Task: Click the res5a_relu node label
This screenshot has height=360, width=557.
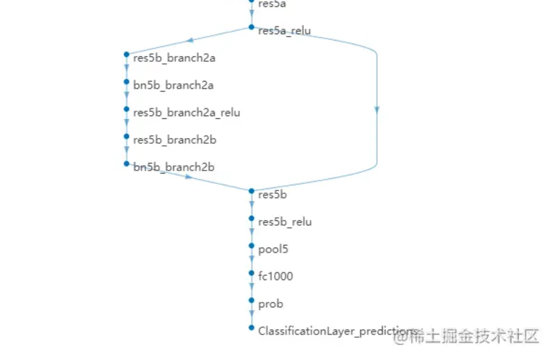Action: click(x=284, y=31)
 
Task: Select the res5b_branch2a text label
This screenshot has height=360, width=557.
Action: click(x=174, y=58)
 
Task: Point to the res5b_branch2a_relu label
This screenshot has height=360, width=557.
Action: click(x=187, y=113)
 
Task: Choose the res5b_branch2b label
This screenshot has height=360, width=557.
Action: click(x=174, y=140)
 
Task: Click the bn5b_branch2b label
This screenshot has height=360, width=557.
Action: click(x=174, y=167)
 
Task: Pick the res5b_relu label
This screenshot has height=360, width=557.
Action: click(x=285, y=222)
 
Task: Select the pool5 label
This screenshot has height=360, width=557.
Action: click(x=273, y=249)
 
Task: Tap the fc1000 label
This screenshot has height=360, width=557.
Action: click(x=275, y=276)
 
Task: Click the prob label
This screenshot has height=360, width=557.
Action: click(x=270, y=304)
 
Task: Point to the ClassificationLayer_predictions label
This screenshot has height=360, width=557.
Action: click(x=336, y=331)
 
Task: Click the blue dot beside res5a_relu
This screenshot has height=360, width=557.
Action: click(x=252, y=27)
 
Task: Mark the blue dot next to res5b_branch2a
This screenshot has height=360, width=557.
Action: click(x=126, y=54)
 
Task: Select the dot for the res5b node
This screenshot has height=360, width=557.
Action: click(x=252, y=191)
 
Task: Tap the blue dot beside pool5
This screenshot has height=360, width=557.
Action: click(x=252, y=246)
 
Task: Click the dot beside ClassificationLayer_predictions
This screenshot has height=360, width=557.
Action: click(x=252, y=328)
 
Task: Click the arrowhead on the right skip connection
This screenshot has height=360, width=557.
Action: click(x=377, y=110)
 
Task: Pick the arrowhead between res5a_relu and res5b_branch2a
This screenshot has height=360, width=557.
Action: click(x=189, y=40)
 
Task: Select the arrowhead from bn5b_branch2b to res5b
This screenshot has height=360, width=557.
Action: click(x=188, y=176)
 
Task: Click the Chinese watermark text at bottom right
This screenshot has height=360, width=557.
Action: click(x=466, y=336)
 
